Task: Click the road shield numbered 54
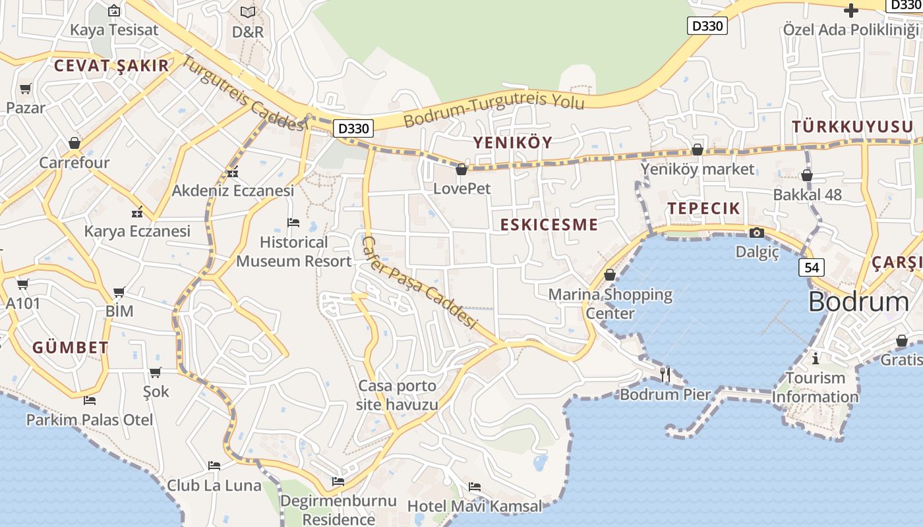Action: point(814,267)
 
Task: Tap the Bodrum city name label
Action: point(858,302)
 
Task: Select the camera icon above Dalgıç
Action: point(757,233)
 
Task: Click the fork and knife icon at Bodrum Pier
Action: point(665,375)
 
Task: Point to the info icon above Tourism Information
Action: point(816,358)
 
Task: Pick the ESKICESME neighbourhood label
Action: point(549,225)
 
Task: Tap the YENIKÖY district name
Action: point(513,142)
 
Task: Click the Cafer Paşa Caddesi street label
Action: point(419,283)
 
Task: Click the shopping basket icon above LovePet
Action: point(461,170)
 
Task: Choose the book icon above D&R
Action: point(248,12)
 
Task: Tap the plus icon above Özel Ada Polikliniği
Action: point(851,11)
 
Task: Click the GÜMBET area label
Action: point(71,348)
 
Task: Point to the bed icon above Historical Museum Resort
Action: point(293,223)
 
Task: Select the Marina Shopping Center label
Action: point(610,304)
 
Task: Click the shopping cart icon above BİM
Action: point(119,292)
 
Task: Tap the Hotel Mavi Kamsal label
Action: point(475,506)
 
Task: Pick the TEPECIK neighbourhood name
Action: point(704,209)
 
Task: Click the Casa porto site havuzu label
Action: point(397,395)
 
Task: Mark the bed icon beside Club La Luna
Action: point(214,466)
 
